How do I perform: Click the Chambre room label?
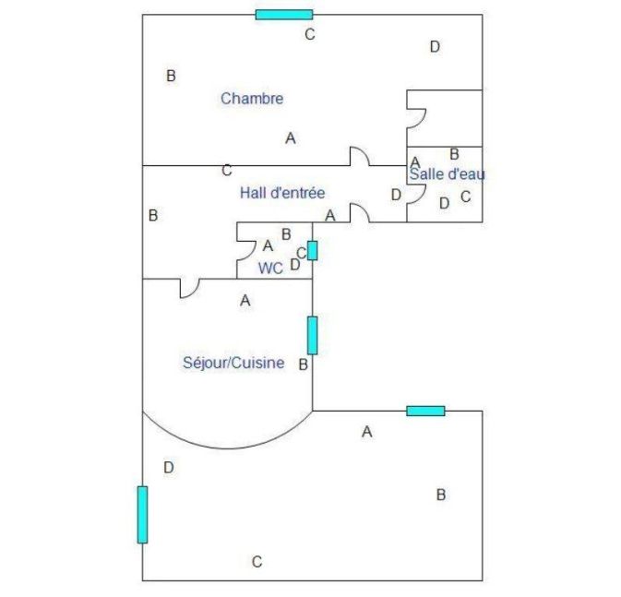pyautogui.click(x=252, y=98)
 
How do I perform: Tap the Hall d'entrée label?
pyautogui.click(x=282, y=193)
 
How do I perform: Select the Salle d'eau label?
pyautogui.click(x=447, y=173)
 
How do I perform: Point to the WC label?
pyautogui.click(x=270, y=269)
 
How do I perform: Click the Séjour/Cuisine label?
pyautogui.click(x=233, y=363)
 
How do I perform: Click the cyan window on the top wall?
pyautogui.click(x=284, y=15)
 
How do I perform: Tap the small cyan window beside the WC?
pyautogui.click(x=313, y=250)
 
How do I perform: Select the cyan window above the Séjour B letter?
pyautogui.click(x=313, y=335)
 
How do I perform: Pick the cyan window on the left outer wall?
pyautogui.click(x=143, y=515)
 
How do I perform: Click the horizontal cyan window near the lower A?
pyautogui.click(x=425, y=411)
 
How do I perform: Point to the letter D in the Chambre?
pyautogui.click(x=435, y=47)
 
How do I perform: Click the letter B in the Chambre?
pyautogui.click(x=171, y=76)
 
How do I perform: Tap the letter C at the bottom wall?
pyautogui.click(x=257, y=561)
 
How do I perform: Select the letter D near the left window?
pyautogui.click(x=169, y=468)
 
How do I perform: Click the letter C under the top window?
pyautogui.click(x=310, y=34)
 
